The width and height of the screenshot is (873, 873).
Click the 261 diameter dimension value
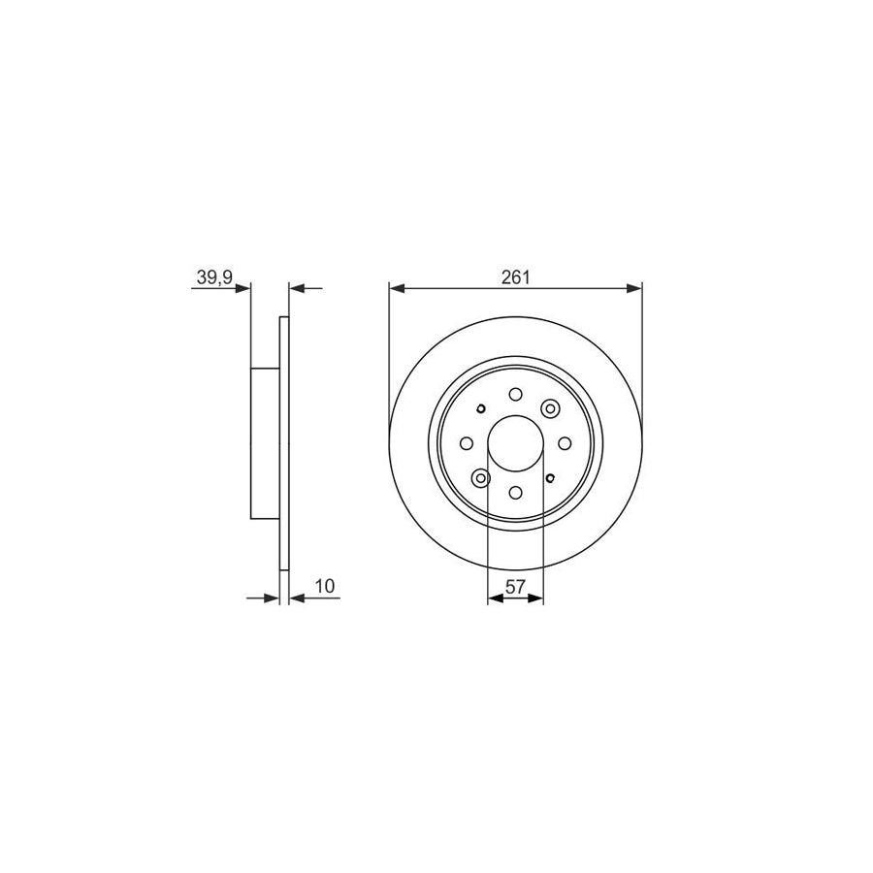coord(515,277)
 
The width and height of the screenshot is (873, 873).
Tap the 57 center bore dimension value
coord(515,586)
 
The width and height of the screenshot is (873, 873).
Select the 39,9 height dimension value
coord(212,277)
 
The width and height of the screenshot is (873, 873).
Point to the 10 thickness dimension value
coord(324,586)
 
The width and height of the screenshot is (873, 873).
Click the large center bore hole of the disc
coord(515,443)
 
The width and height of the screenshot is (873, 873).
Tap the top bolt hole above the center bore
coord(515,395)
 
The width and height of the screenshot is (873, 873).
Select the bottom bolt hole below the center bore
coord(515,492)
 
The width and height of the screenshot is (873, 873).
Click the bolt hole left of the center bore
coord(467,443)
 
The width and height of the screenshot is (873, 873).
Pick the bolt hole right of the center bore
coord(564,443)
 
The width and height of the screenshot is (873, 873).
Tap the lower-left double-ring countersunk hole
coord(481,477)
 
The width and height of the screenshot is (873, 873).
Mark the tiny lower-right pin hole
coord(550,477)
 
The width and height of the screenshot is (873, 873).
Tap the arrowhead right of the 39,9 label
coord(244,288)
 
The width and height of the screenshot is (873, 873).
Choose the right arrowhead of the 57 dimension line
coord(537,599)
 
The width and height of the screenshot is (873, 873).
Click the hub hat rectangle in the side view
coord(266,443)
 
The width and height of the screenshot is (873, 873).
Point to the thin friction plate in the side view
coord(284,443)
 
